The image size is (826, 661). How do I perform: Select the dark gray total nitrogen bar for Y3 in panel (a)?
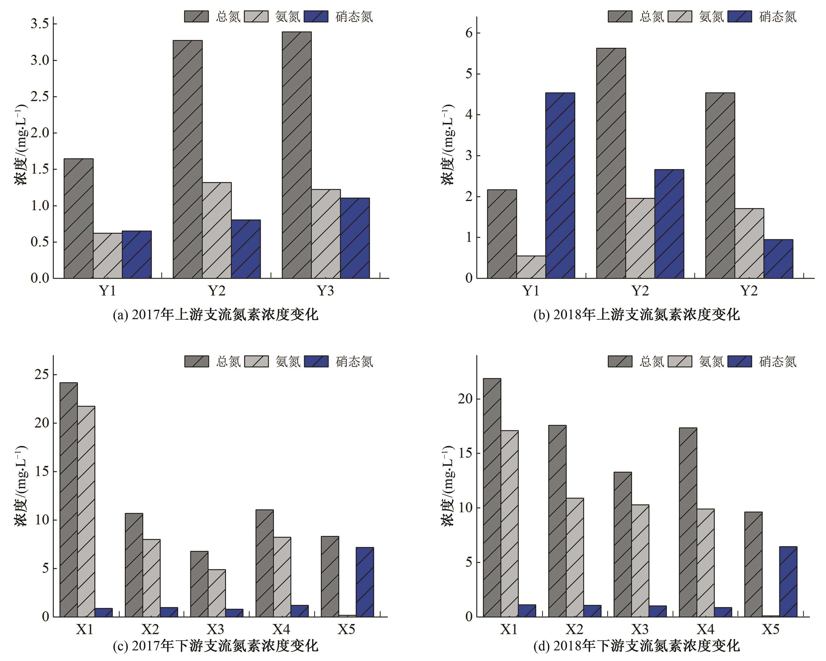pyautogui.click(x=297, y=155)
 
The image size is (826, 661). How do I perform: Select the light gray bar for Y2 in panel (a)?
pyautogui.click(x=217, y=230)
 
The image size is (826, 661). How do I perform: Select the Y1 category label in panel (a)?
pyautogui.click(x=108, y=291)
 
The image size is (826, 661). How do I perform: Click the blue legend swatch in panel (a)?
pyautogui.click(x=316, y=16)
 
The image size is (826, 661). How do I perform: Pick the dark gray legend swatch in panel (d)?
pyautogui.click(x=620, y=361)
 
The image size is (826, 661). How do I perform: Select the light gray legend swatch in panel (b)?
pyautogui.click(x=680, y=16)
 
